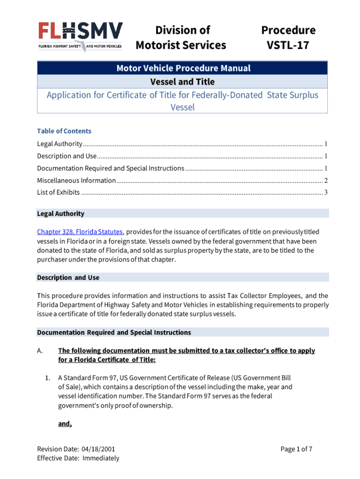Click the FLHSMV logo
(80, 36)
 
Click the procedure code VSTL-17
(288, 45)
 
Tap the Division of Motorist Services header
(180, 37)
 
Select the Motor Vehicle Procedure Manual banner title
(183, 68)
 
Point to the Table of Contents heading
(64, 131)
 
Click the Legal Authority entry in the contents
(60, 144)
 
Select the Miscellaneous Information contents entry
(76, 180)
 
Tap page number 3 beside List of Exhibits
(325, 192)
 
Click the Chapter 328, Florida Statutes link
(80, 232)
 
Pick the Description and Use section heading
(68, 277)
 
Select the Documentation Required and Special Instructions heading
(114, 333)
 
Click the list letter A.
(40, 351)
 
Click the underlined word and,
(65, 424)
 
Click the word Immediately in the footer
(101, 458)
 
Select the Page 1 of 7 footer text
(296, 450)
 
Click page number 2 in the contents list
(325, 180)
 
